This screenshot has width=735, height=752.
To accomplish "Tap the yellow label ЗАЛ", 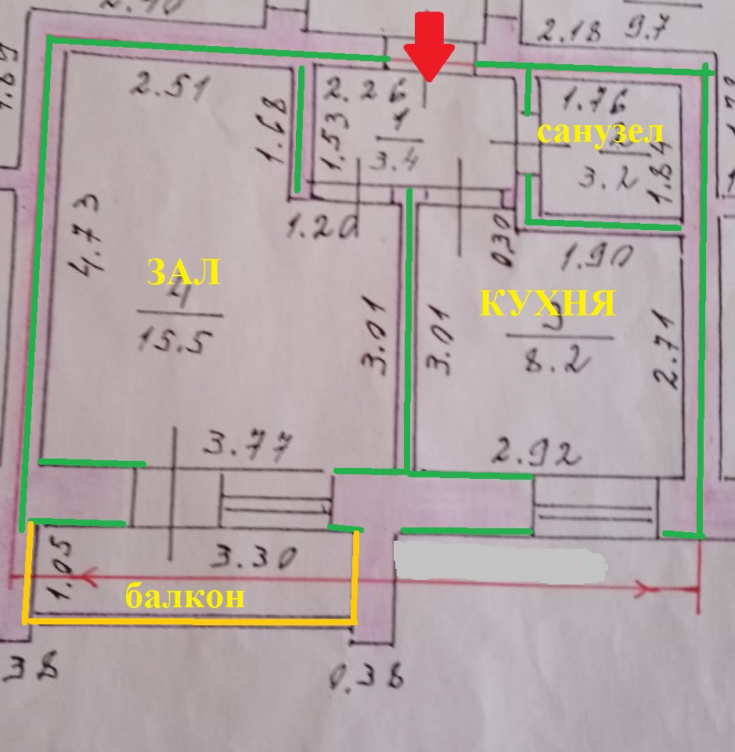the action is [x=183, y=273].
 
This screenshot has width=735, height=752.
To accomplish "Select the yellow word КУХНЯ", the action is [x=546, y=302].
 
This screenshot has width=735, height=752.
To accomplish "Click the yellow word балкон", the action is [x=186, y=597].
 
